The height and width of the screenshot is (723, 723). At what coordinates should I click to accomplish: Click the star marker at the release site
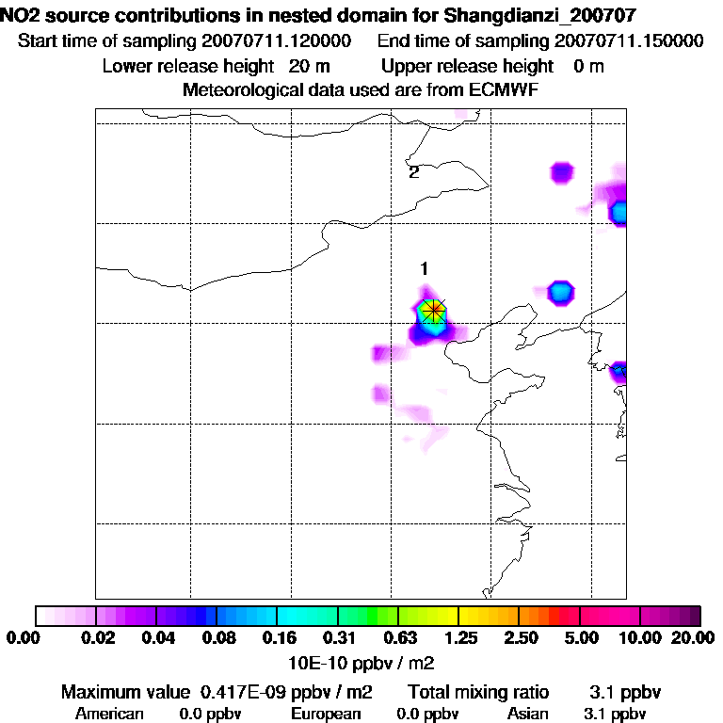tap(433, 310)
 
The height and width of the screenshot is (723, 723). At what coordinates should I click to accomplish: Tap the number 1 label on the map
tap(425, 268)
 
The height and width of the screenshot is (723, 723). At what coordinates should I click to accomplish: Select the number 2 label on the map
tap(413, 172)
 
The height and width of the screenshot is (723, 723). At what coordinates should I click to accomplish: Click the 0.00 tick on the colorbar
tap(20, 638)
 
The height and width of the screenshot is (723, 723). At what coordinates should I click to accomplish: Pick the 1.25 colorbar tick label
tap(458, 638)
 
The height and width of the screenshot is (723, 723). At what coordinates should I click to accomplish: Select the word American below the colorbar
tap(109, 714)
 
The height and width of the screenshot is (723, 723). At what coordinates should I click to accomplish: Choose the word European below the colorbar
tap(325, 714)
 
